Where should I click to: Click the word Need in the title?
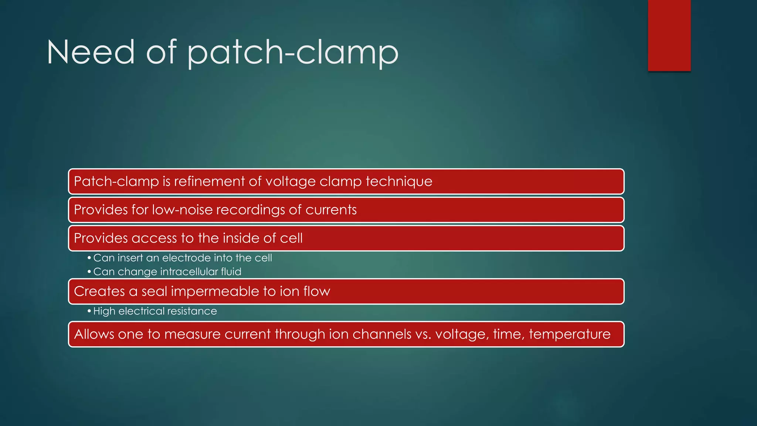(x=91, y=53)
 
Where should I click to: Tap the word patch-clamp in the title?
(x=293, y=53)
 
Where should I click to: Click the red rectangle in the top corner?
(x=669, y=35)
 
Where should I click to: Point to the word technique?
(x=399, y=182)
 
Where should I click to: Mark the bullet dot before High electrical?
(x=89, y=311)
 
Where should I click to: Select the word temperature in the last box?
(x=569, y=334)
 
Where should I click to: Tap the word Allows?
(x=94, y=334)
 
